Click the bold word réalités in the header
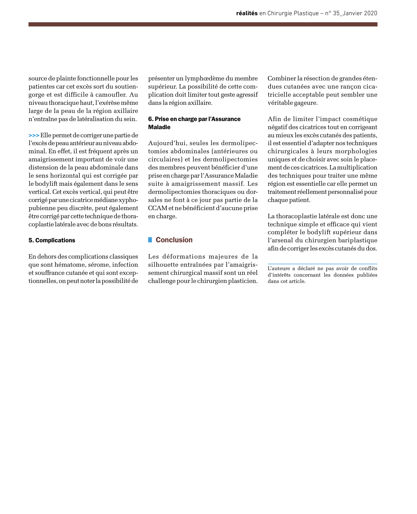247,13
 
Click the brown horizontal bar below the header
203,24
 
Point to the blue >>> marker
34,135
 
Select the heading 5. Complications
52,240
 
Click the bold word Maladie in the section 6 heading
159,127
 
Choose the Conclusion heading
174,240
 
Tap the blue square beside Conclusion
150,240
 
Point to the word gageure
306,103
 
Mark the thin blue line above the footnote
322,264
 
